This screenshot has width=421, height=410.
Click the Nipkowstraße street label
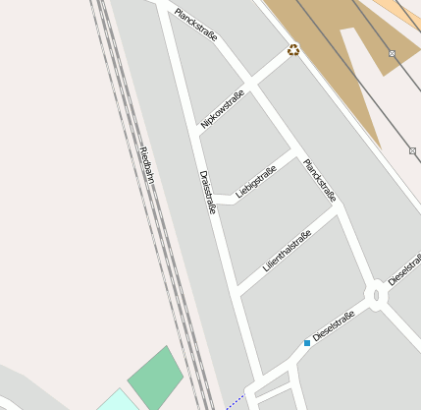(x=222, y=109)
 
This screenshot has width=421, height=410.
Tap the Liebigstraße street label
(x=256, y=181)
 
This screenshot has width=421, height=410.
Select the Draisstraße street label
(x=206, y=192)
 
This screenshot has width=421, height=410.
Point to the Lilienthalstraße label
(x=287, y=251)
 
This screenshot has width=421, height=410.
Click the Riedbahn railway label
(x=147, y=166)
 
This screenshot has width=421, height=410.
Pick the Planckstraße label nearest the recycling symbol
(x=196, y=25)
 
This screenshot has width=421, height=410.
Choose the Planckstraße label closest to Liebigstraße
(x=320, y=179)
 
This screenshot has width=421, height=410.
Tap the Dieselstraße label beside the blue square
(x=334, y=325)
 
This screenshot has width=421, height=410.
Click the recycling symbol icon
(x=293, y=50)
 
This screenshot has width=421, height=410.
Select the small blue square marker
(x=307, y=342)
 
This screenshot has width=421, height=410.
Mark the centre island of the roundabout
(x=377, y=295)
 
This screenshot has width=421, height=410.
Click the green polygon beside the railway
(x=155, y=378)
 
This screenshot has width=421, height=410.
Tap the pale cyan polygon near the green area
(x=117, y=400)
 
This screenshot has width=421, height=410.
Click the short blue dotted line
(x=234, y=401)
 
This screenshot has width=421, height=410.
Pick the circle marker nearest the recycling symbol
(x=392, y=53)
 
